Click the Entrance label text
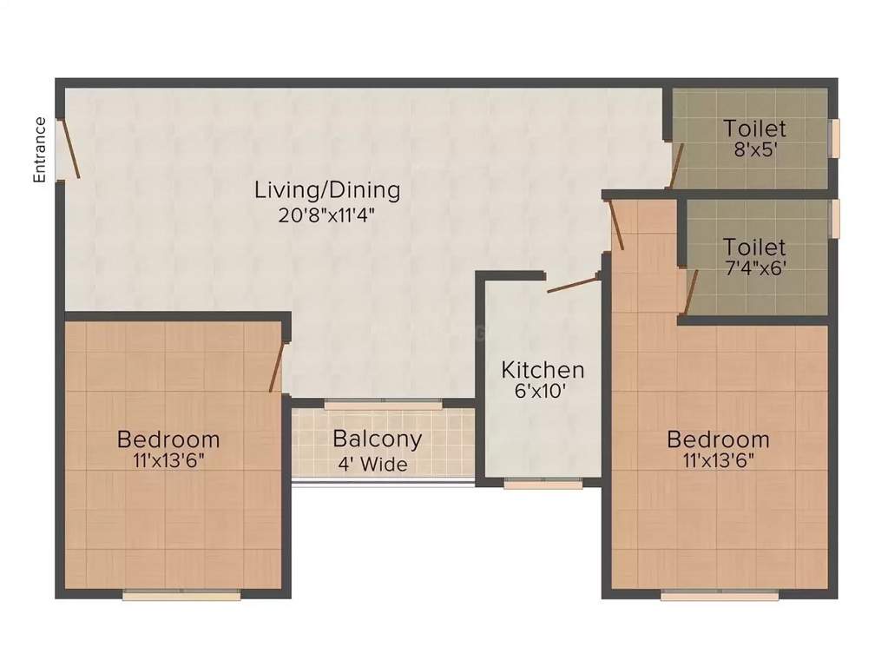click(39, 149)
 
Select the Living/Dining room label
click(327, 189)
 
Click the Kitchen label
click(543, 370)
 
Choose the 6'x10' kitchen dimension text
click(543, 391)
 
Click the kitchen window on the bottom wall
click(543, 484)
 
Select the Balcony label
click(377, 439)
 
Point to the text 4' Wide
click(372, 465)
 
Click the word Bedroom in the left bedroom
click(168, 439)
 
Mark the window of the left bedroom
click(181, 595)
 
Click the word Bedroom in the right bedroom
click(718, 439)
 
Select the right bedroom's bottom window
click(720, 595)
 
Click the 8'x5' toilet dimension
click(754, 149)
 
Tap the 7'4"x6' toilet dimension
click(754, 267)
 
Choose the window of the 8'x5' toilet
click(835, 138)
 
